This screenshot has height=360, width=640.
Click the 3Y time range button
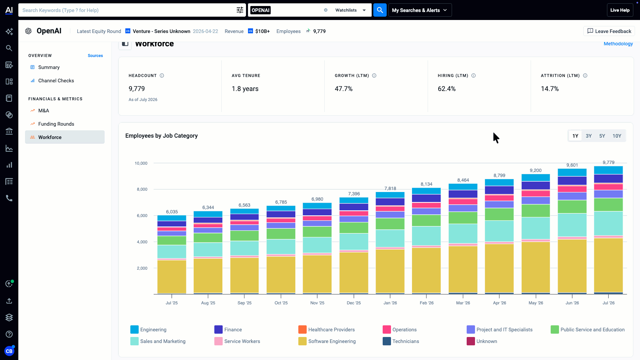click(589, 136)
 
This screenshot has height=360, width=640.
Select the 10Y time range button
click(617, 136)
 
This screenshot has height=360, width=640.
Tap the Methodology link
click(618, 44)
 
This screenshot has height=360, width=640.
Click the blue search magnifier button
click(380, 10)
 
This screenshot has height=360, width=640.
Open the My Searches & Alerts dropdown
click(420, 10)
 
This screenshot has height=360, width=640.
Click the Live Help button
click(620, 10)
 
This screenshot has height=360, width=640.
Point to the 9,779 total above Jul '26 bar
click(609, 163)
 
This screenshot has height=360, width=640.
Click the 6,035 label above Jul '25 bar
click(172, 212)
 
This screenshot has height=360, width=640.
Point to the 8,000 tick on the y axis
click(142, 189)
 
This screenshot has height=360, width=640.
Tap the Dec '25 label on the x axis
click(354, 303)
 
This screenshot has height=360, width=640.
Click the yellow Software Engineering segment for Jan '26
click(390, 271)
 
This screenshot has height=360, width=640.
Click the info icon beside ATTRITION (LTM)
click(585, 76)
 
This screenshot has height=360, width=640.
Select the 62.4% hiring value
click(447, 89)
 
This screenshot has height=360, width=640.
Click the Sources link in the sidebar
click(95, 56)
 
